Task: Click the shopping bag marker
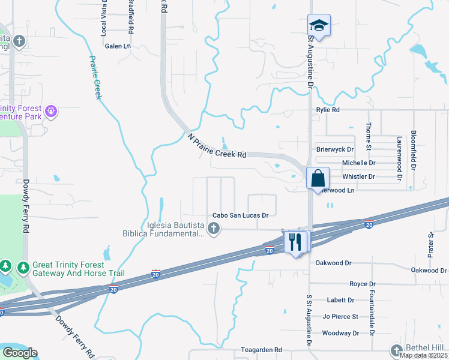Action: [x=318, y=178]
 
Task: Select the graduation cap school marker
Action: [x=319, y=26]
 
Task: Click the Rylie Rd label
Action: [x=328, y=110]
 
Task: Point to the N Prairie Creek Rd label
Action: [x=217, y=146]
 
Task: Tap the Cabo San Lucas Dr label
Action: [x=240, y=215]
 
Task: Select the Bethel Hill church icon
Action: [x=396, y=350]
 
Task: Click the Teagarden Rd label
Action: [x=261, y=349]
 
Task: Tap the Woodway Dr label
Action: [x=340, y=333]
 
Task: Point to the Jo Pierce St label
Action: [x=340, y=316]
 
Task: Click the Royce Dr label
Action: [x=363, y=284]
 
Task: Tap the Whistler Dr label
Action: [x=358, y=176]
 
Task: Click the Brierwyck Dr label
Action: [x=336, y=149]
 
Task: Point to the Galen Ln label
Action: [x=118, y=46]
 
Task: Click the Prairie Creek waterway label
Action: [x=95, y=77]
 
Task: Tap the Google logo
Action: [x=20, y=353]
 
